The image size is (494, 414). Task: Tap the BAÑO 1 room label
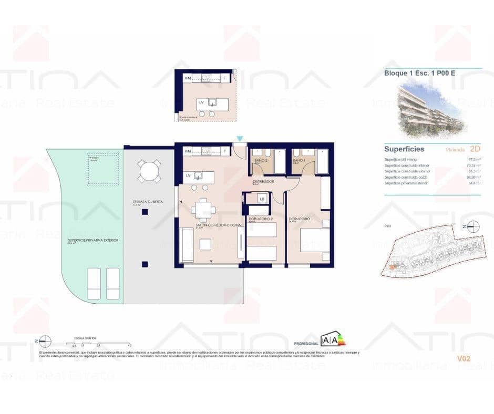point(299,160)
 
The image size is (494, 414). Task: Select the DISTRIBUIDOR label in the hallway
point(263,181)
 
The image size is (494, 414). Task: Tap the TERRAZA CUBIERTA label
point(148,202)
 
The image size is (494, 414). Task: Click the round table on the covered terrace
point(149,171)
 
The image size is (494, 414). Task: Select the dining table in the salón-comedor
point(203,210)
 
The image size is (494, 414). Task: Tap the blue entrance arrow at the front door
point(240,139)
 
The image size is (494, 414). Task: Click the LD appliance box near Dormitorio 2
point(261,199)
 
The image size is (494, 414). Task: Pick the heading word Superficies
point(404,149)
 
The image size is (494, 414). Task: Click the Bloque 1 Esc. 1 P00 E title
point(419,74)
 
